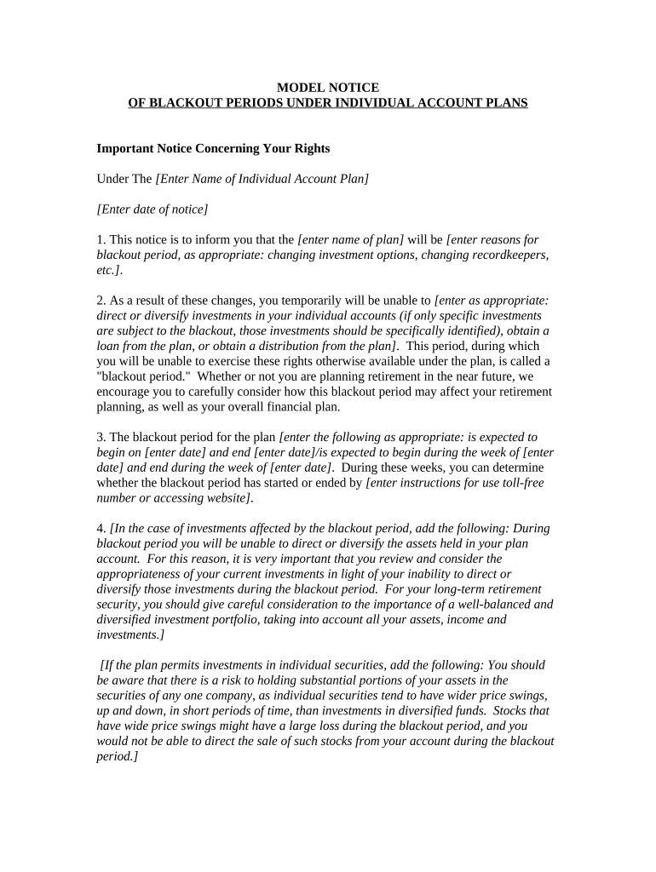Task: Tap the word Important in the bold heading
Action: (125, 148)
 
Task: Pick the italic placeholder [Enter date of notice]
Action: (152, 209)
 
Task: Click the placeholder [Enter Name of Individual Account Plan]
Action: (262, 179)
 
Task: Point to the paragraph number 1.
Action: (101, 240)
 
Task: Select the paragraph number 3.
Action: (101, 437)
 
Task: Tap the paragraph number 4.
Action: (101, 528)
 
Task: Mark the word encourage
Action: (124, 392)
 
